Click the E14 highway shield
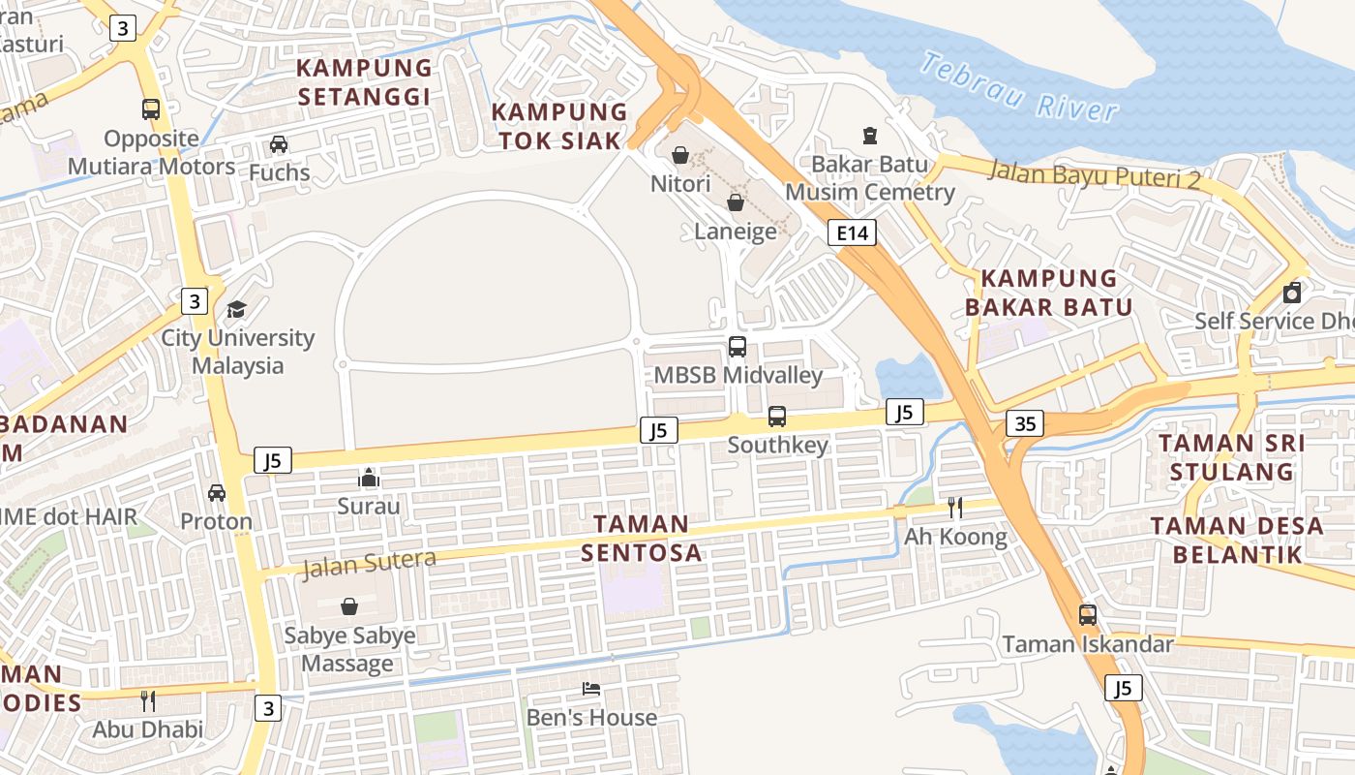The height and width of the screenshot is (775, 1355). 852,232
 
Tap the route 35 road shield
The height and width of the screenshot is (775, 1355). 1025,423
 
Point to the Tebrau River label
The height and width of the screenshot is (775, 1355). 1018,87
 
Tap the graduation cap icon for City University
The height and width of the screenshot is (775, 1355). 236,310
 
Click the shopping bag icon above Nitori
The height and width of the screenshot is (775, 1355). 680,155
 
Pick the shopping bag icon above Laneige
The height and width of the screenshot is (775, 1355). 736,202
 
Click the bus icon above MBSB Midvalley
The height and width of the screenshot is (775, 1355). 738,347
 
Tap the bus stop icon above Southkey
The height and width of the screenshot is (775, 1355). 777,417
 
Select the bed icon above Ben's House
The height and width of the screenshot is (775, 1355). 591,689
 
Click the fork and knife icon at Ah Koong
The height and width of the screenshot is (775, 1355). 954,508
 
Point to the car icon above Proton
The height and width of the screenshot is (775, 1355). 217,492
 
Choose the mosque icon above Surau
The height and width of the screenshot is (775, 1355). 369,478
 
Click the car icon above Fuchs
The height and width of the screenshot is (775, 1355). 279,144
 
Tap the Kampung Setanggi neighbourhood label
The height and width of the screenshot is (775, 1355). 364,82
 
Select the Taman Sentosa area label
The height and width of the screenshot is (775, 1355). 641,538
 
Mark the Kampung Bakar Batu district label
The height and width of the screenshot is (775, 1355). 1049,293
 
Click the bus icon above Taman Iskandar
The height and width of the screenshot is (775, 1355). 1088,615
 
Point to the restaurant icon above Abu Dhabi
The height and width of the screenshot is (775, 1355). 148,700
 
